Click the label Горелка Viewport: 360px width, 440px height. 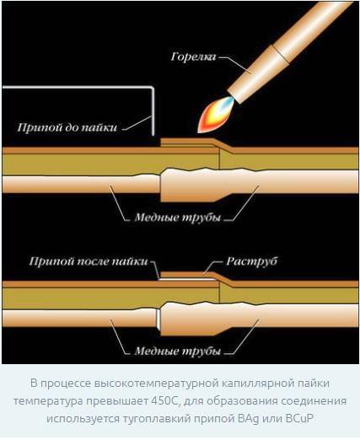(193, 57)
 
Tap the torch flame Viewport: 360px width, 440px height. (216, 115)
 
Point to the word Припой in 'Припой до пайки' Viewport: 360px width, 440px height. (40, 128)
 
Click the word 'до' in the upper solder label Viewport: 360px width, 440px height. (72, 128)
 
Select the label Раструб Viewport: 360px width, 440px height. (252, 261)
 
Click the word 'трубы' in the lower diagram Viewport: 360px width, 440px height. (201, 351)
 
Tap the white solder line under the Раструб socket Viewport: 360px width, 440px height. (188, 279)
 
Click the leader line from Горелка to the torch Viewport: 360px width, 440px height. (235, 65)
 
